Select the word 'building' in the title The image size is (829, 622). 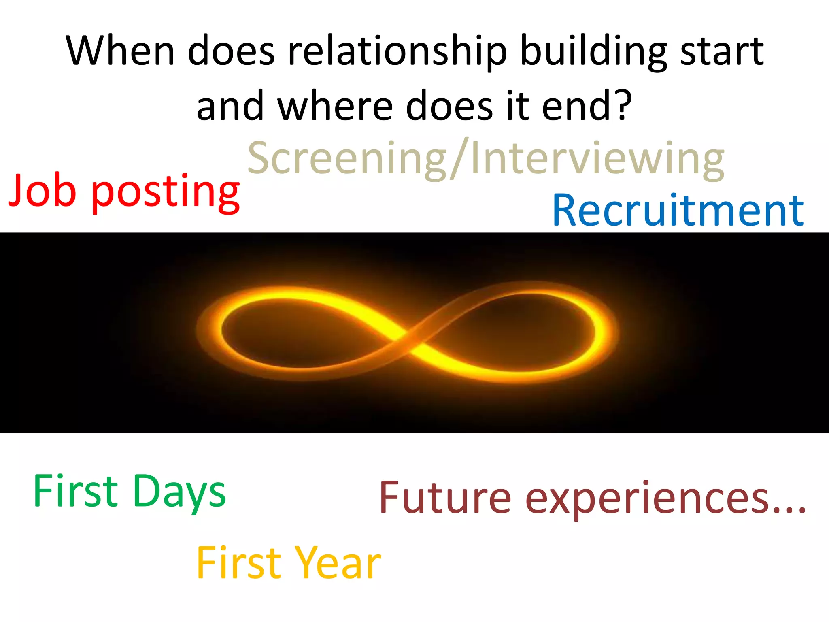[593, 52]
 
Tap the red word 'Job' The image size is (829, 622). [42, 190]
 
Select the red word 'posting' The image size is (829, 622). [166, 192]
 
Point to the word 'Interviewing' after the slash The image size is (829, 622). [597, 159]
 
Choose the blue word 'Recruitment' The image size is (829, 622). [678, 211]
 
